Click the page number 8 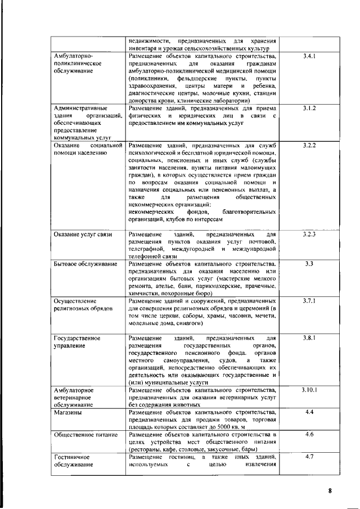click(x=330, y=490)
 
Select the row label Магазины click(x=69, y=413)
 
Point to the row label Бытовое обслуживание click(x=85, y=264)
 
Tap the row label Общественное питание click(x=85, y=435)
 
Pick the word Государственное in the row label click(x=77, y=339)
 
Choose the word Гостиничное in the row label click(x=71, y=457)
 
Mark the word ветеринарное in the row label click(x=74, y=397)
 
